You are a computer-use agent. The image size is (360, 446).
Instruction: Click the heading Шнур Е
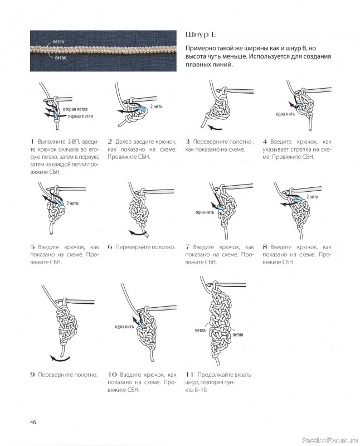point(201,35)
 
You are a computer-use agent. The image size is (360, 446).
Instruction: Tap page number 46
point(33,422)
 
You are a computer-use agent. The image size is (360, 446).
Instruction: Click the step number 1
point(32,142)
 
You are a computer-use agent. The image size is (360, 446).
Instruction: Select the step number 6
point(110,247)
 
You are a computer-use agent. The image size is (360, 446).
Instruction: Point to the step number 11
point(189,375)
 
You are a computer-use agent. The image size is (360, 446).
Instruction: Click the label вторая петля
point(75,109)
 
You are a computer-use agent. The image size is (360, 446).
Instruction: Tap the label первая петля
point(80,116)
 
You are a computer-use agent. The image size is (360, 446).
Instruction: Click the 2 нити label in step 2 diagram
point(156,106)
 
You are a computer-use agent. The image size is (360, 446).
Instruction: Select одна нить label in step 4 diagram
point(285,114)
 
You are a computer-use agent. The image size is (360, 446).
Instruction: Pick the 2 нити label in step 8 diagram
point(312,197)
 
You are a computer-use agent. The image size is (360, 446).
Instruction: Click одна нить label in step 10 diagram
point(124,327)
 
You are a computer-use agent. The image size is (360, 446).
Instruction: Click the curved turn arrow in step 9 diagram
point(60,358)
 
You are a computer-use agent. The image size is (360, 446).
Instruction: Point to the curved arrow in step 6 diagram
point(138,234)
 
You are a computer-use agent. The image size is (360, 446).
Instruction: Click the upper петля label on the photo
point(58,42)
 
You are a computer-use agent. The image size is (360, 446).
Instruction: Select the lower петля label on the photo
point(60,58)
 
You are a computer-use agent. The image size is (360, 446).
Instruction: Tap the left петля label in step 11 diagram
point(200,330)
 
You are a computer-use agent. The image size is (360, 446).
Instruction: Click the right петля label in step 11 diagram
point(238,335)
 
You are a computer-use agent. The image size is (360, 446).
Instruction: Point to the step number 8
point(265,247)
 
